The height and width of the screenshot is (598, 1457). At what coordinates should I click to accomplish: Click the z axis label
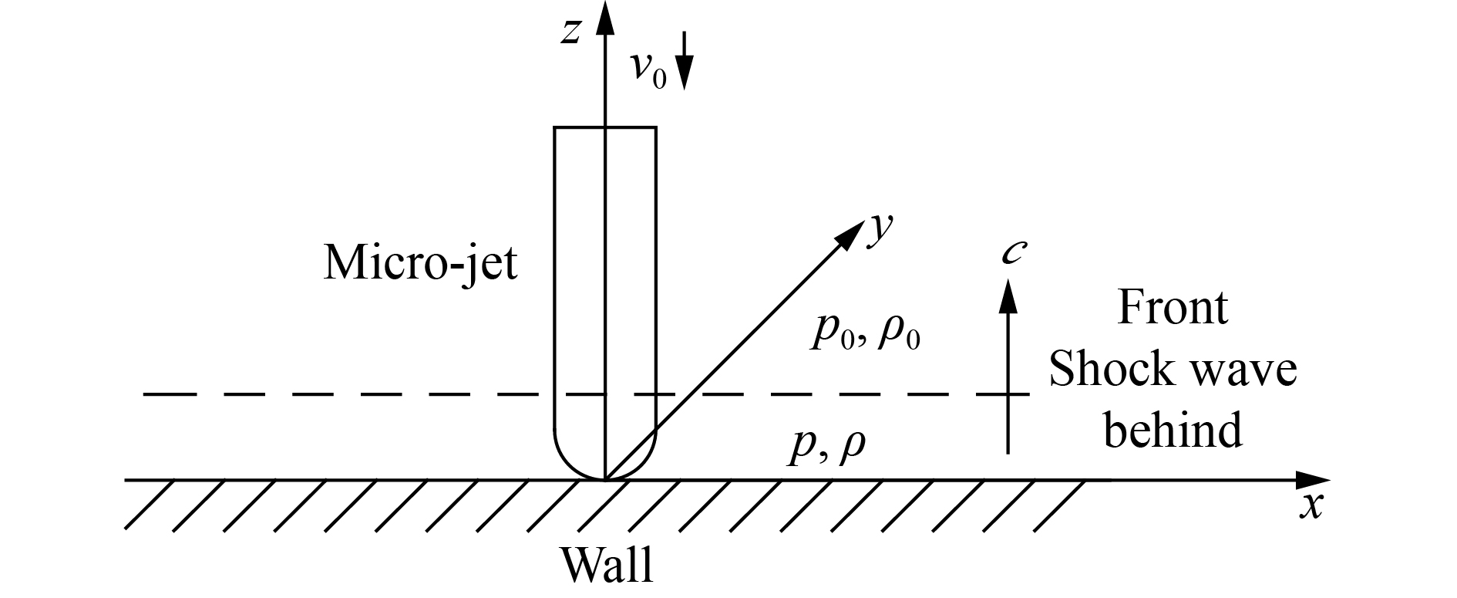[570, 32]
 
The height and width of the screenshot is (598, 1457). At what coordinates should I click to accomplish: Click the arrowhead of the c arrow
[1007, 297]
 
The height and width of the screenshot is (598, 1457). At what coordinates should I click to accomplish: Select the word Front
[1172, 308]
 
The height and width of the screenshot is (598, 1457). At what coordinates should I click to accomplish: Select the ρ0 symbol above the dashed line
[898, 335]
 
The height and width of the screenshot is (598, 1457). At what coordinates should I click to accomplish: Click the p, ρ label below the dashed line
[826, 447]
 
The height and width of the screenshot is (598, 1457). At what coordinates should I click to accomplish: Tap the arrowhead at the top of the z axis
[606, 17]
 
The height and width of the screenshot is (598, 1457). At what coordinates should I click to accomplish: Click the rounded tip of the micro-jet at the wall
[606, 471]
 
